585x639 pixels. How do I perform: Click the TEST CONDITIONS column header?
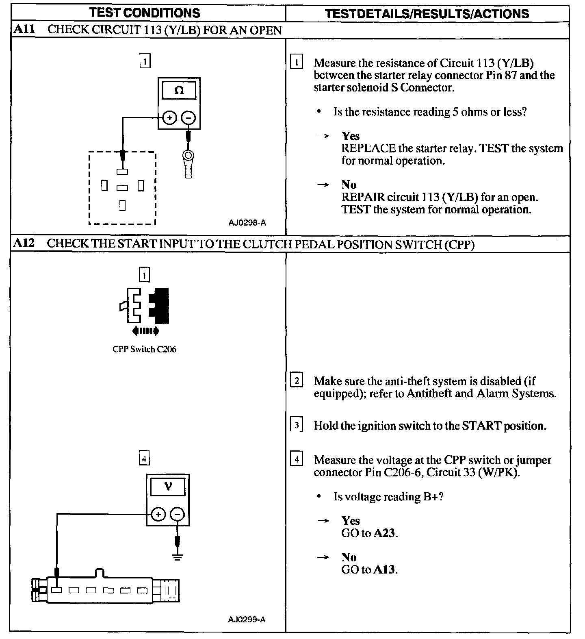[x=145, y=13]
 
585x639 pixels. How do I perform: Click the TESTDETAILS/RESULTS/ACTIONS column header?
[x=427, y=13]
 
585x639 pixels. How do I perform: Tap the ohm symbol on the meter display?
[x=179, y=91]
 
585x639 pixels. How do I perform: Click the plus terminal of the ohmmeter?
[x=170, y=118]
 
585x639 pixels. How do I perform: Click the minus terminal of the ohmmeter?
[x=188, y=118]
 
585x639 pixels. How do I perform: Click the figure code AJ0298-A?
[x=247, y=222]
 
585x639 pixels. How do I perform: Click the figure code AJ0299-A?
[x=247, y=619]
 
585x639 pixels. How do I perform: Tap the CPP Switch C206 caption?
[x=144, y=349]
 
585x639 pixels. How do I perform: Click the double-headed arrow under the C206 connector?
[x=145, y=331]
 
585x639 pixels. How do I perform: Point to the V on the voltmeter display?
[x=168, y=486]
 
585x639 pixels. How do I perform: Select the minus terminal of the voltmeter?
[x=177, y=515]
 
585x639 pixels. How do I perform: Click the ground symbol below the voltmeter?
[x=177, y=557]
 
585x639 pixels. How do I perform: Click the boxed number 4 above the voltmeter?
[x=144, y=459]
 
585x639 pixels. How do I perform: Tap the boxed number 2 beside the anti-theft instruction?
[x=297, y=381]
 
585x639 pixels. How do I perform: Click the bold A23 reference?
[x=384, y=533]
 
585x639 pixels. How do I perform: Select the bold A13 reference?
[x=384, y=569]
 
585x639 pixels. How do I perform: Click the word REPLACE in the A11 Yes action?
[x=368, y=148]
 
